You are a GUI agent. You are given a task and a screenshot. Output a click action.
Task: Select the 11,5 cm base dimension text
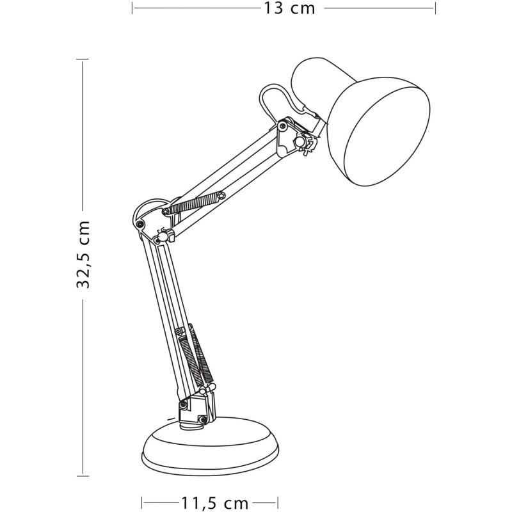coord(210,502)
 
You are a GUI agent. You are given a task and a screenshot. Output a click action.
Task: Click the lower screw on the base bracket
coord(203,419)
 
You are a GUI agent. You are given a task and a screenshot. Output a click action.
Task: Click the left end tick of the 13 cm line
coord(132,8)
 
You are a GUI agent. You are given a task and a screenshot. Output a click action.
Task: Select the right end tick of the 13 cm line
coord(435,8)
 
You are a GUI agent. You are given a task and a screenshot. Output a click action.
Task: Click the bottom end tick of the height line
coord(83,476)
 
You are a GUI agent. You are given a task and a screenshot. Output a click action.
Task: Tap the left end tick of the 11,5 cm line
coord(141,502)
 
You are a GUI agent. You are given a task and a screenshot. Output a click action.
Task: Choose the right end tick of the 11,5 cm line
coord(278,502)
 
